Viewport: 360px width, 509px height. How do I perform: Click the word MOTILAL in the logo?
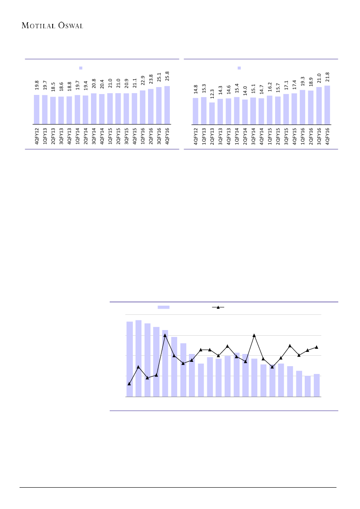click(x=37, y=25)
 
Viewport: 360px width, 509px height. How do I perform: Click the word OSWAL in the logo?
click(x=69, y=25)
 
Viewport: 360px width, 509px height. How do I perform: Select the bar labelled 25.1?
click(x=159, y=105)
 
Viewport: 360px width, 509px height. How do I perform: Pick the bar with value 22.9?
click(x=143, y=107)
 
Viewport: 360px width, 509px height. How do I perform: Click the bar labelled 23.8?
click(x=151, y=106)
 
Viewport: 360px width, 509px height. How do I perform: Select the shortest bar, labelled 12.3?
click(x=212, y=113)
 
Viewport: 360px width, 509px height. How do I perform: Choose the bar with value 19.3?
click(x=303, y=107)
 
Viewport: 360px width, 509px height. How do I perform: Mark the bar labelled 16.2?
click(x=270, y=110)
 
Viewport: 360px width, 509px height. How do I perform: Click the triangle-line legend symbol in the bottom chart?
click(x=218, y=307)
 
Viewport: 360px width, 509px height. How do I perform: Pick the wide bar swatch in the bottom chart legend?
click(x=163, y=307)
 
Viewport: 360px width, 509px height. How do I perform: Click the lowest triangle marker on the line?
click(x=129, y=384)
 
